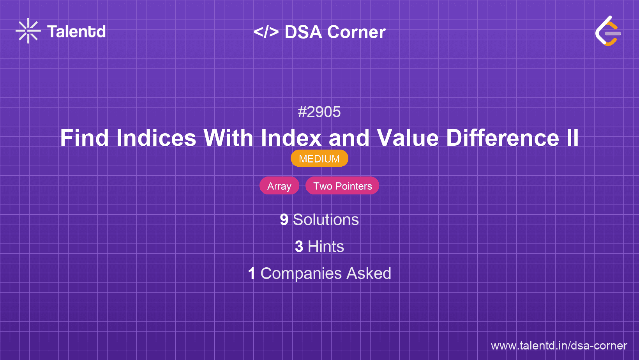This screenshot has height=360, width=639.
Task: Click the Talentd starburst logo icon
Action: click(x=28, y=31)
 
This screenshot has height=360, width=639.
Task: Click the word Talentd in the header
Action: click(x=76, y=32)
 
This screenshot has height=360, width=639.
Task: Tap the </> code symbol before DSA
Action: click(x=266, y=32)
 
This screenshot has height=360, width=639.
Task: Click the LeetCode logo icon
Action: click(x=608, y=31)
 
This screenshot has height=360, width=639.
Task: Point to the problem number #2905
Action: click(x=319, y=112)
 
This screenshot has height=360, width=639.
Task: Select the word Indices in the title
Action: click(x=156, y=138)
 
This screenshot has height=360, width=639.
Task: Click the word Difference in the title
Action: click(x=503, y=138)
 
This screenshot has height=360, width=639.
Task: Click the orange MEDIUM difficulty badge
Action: click(x=319, y=159)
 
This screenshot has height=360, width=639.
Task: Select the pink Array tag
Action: click(x=279, y=186)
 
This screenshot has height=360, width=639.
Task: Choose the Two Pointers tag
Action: click(x=342, y=186)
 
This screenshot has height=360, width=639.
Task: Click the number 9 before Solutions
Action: click(x=284, y=220)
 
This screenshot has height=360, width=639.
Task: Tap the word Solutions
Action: click(x=326, y=220)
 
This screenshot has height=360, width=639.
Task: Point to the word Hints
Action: click(x=326, y=247)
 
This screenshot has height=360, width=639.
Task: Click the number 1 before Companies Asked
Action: click(x=252, y=274)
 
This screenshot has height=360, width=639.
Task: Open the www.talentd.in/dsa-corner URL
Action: click(x=559, y=346)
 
